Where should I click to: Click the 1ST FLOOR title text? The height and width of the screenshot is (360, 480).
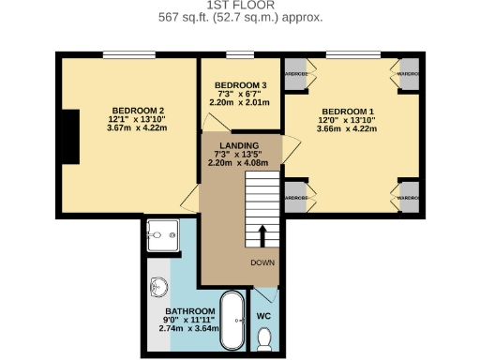pos(240,6)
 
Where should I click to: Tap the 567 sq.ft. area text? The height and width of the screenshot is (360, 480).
pos(240,17)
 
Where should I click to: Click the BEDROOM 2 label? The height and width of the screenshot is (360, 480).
pos(127,110)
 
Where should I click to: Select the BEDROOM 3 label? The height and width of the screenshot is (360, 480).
pos(234,86)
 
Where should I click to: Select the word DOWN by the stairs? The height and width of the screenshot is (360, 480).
pos(262,262)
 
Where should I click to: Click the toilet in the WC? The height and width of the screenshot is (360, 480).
pos(264,338)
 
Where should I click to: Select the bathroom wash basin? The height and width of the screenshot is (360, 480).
pos(156,287)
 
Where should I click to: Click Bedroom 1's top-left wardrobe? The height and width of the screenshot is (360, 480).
pos(296,75)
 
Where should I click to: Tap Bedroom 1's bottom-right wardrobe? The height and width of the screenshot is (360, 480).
pos(407,198)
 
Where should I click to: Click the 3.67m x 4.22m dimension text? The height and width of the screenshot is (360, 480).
pos(127,130)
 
